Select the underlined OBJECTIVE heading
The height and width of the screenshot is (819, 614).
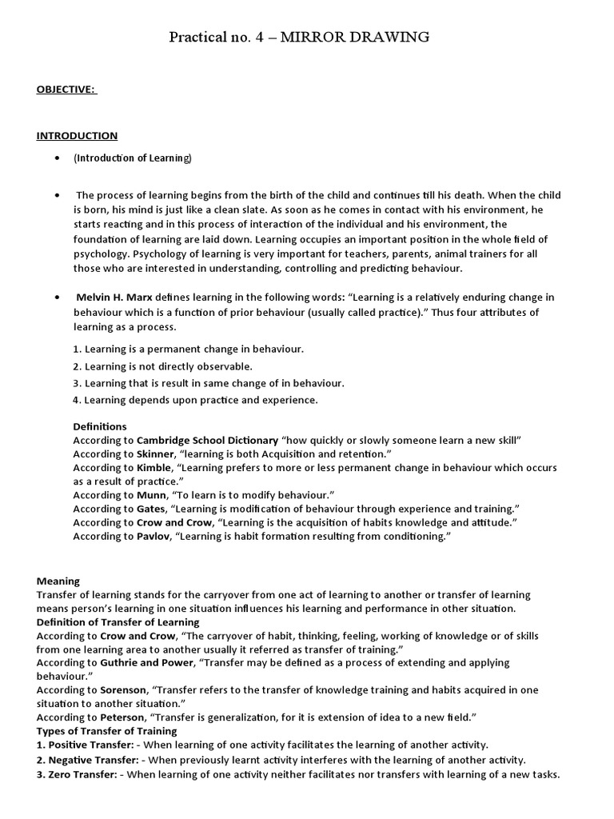(66, 89)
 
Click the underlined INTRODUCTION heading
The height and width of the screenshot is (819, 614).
(77, 136)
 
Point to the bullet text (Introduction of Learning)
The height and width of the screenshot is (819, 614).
(133, 158)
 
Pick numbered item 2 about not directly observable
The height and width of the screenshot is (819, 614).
(162, 366)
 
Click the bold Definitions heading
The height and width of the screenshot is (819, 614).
(100, 426)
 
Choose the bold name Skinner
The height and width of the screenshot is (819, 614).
(155, 454)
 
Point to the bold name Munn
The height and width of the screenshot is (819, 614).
(152, 495)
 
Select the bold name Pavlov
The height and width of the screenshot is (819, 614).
(153, 536)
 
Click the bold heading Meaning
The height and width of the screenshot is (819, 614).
(58, 581)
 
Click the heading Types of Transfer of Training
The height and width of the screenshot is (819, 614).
(107, 731)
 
